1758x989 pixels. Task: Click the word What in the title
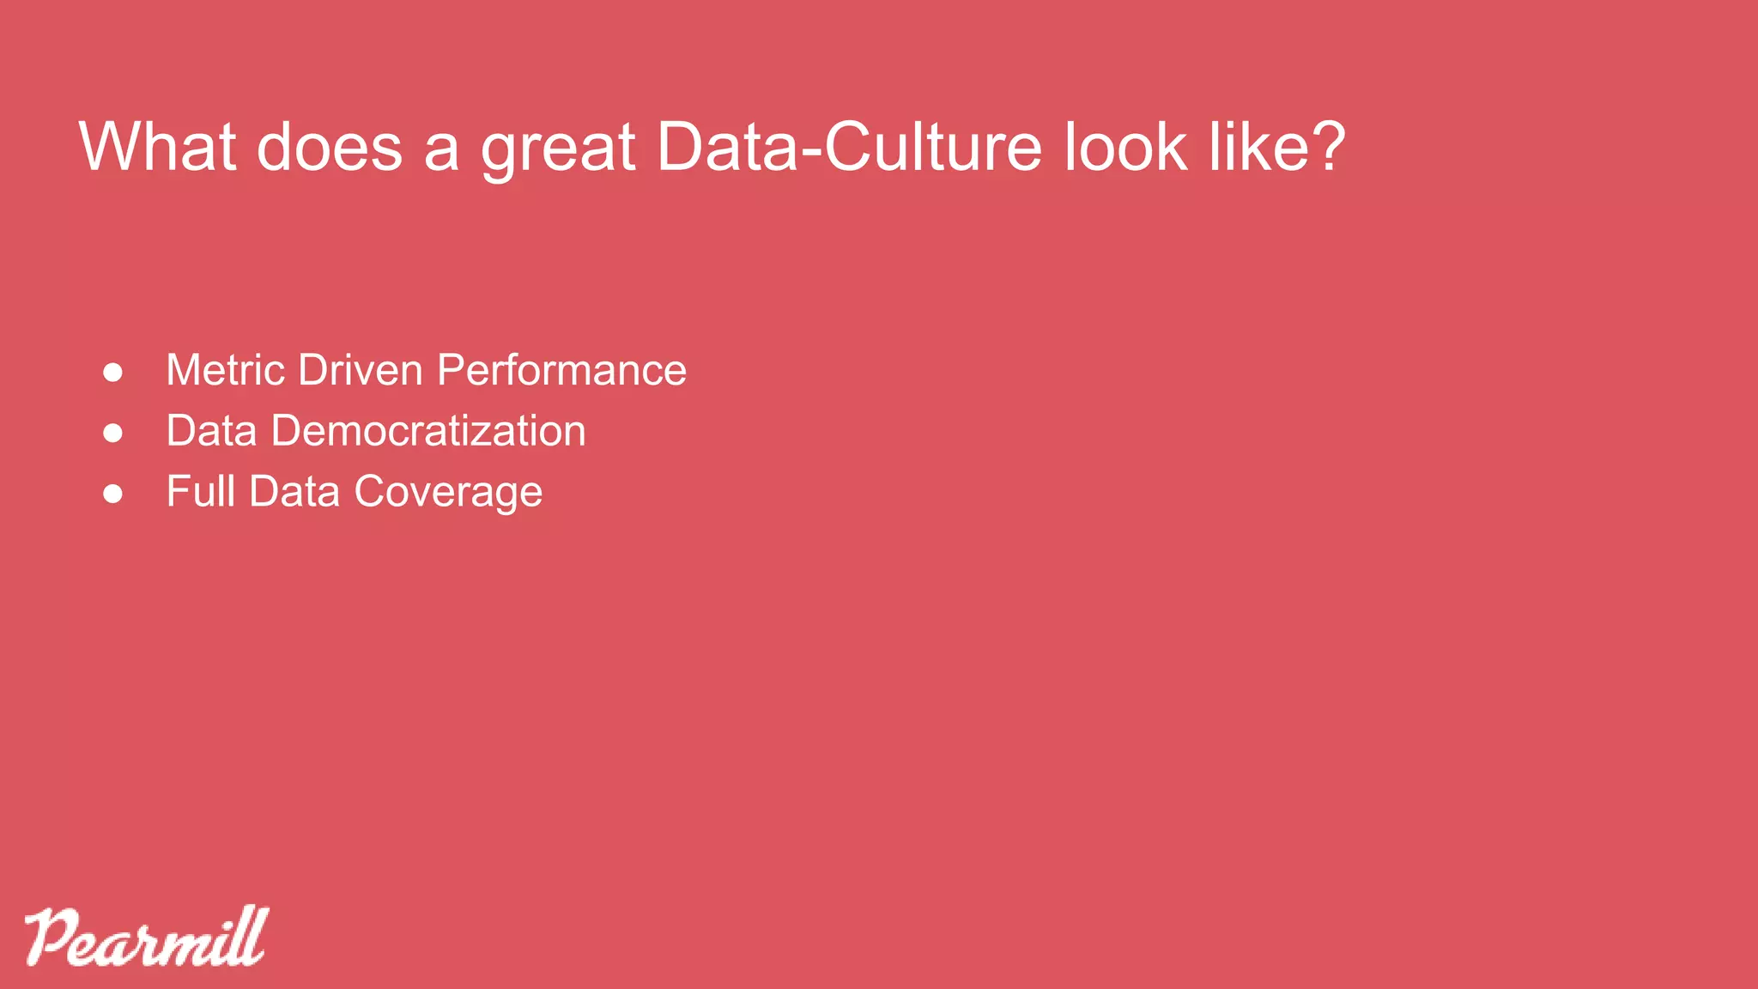pyautogui.click(x=157, y=147)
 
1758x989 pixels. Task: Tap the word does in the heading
pyautogui.click(x=330, y=147)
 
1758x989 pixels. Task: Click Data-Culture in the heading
pyautogui.click(x=849, y=147)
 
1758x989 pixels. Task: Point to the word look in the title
pyautogui.click(x=1126, y=147)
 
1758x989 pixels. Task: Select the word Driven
pyautogui.click(x=361, y=370)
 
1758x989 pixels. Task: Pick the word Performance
pyautogui.click(x=561, y=370)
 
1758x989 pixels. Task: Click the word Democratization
pyautogui.click(x=428, y=431)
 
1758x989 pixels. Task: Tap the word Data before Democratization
pyautogui.click(x=211, y=431)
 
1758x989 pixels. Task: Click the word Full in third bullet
pyautogui.click(x=200, y=492)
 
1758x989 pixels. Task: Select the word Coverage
pyautogui.click(x=448, y=493)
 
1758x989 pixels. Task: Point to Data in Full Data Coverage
pyautogui.click(x=294, y=492)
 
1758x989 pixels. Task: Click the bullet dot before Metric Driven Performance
pyautogui.click(x=112, y=373)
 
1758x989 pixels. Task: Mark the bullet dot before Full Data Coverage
pyautogui.click(x=112, y=494)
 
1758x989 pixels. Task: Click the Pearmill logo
pyautogui.click(x=147, y=937)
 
